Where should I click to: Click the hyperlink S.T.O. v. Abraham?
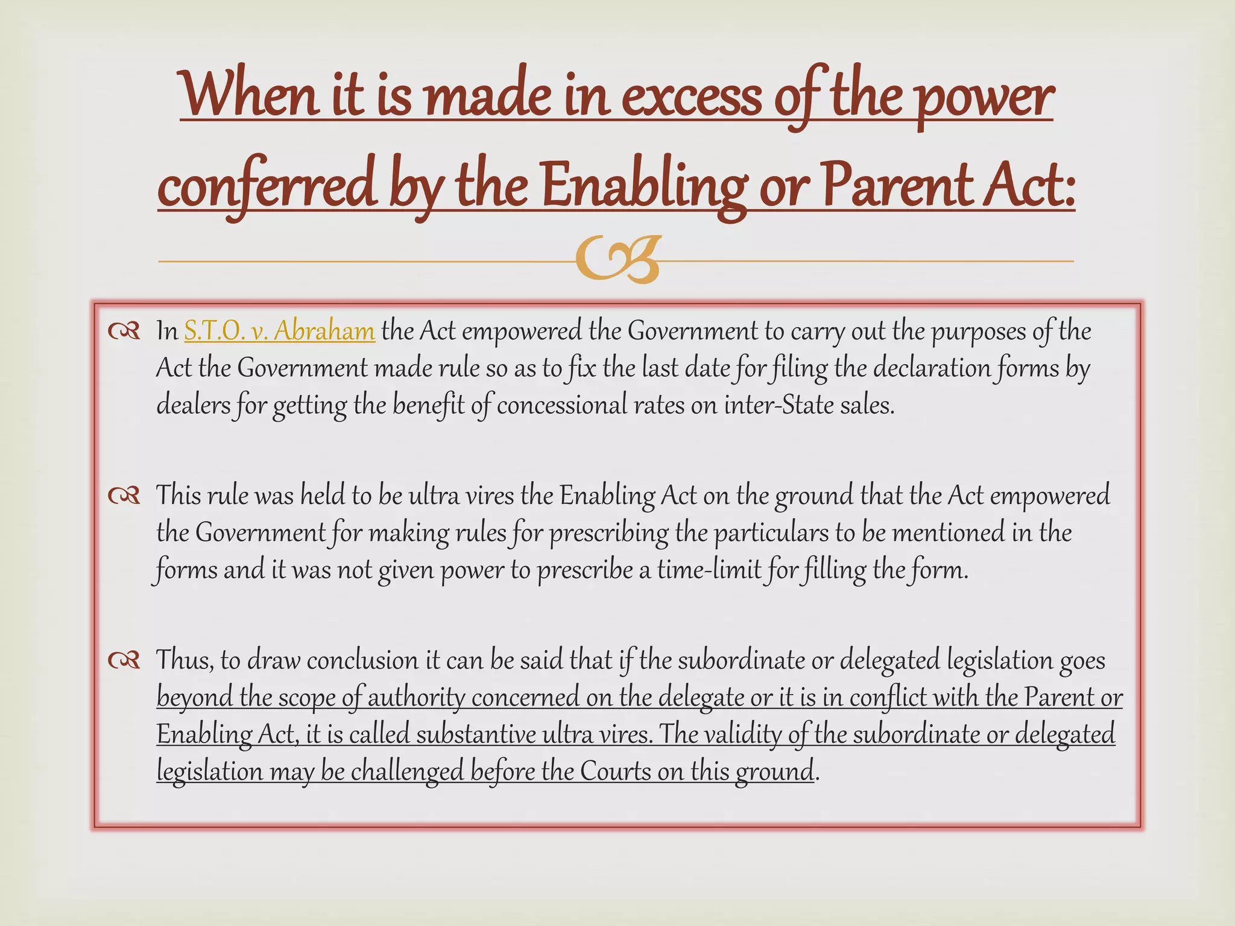pyautogui.click(x=279, y=331)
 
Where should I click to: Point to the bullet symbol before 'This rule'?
pyautogui.click(x=124, y=496)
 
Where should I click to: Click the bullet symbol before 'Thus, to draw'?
pyautogui.click(x=124, y=661)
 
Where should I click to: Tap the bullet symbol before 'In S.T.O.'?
pyautogui.click(x=124, y=332)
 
